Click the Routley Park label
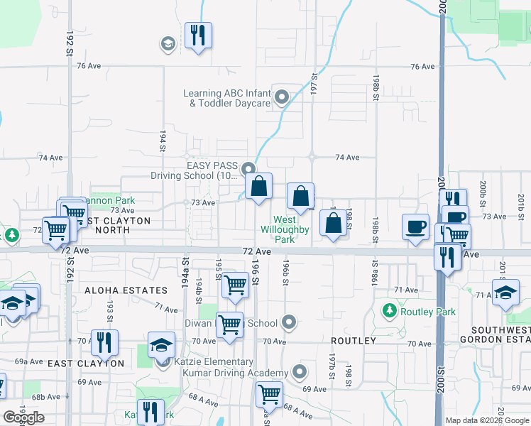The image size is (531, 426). [x=428, y=311]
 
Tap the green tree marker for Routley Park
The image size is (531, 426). [x=389, y=311]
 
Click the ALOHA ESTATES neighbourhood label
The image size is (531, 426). [x=126, y=290]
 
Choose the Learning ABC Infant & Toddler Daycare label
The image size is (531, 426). [x=227, y=98]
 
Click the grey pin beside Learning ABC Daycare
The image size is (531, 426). [x=282, y=97]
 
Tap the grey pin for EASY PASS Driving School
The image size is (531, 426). [x=248, y=169]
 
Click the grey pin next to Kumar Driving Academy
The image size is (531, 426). [x=300, y=371]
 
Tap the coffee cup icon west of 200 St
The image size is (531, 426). [x=415, y=226]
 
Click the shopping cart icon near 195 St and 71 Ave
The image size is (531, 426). [x=235, y=285]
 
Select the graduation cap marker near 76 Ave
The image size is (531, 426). [x=168, y=44]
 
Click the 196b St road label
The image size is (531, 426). [x=285, y=271]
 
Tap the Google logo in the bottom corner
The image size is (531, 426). [x=23, y=417]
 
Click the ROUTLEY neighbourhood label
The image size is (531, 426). [x=353, y=341]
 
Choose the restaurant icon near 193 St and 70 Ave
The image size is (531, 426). [x=104, y=342]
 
